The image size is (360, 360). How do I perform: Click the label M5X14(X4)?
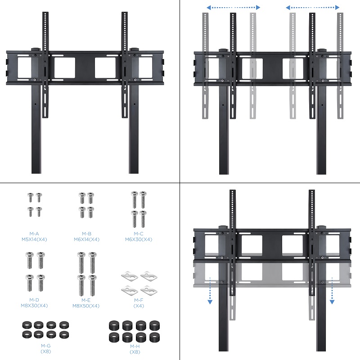(x=34, y=239)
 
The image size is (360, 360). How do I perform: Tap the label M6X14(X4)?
(x=86, y=239)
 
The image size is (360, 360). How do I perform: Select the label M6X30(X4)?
(x=139, y=239)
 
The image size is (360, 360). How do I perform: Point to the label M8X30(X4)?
(x=34, y=306)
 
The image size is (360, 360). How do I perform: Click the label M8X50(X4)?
(x=86, y=306)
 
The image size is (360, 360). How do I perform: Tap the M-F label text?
(x=139, y=300)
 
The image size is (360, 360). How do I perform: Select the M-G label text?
(x=46, y=346)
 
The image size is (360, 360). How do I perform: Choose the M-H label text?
(x=135, y=346)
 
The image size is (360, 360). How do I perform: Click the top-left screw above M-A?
(x=30, y=197)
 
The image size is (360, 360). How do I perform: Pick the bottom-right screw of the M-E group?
(x=93, y=285)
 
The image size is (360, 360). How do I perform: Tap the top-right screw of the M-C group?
(x=143, y=200)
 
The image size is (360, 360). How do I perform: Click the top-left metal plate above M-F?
(x=130, y=276)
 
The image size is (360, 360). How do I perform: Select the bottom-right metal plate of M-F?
(x=149, y=290)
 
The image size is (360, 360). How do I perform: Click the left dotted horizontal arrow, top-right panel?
(x=233, y=8)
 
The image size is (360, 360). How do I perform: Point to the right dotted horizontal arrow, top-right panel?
(x=312, y=8)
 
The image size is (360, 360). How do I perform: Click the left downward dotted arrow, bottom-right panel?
(x=210, y=291)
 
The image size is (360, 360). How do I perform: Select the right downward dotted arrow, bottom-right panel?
(x=332, y=291)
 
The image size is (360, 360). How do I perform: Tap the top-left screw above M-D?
(x=30, y=261)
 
